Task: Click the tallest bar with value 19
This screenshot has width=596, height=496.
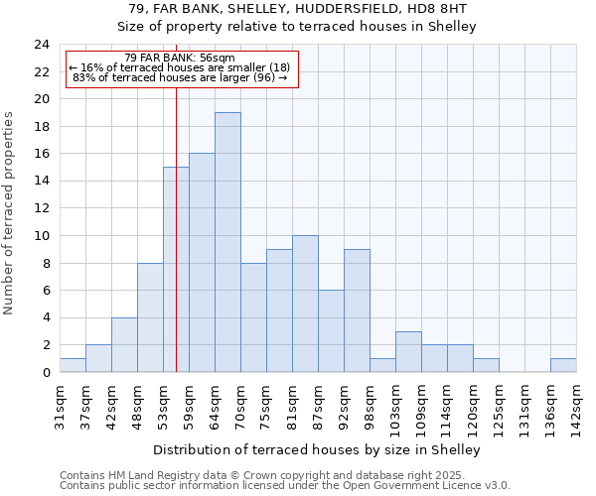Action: pos(227,242)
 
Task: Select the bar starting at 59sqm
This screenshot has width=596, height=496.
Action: pos(202,263)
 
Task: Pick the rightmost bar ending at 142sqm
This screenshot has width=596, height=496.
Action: pos(563,365)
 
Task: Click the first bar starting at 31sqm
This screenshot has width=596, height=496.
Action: pos(73,365)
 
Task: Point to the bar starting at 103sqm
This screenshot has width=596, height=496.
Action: pos(408,352)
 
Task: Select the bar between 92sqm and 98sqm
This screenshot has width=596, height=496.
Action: pos(357,310)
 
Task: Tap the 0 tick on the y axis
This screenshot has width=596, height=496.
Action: pos(46,373)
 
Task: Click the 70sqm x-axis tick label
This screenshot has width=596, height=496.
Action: pos(240,404)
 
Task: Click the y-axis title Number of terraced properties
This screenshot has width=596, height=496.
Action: pos(10,213)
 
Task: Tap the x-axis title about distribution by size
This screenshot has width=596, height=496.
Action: pos(317,449)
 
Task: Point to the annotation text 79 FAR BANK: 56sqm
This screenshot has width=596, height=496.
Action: pos(180,59)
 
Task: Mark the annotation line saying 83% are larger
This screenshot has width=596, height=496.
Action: pos(180,77)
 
